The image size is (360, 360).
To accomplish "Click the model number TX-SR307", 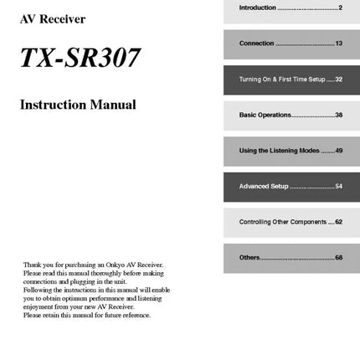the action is (x=80, y=58).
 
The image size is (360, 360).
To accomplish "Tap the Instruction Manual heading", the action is (x=78, y=105).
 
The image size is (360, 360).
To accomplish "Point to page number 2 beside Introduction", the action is (x=340, y=8).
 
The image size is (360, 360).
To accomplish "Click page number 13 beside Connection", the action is (x=338, y=44).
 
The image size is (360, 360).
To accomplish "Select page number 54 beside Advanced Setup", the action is (x=338, y=186).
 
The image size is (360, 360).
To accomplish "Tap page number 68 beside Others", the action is (x=338, y=257).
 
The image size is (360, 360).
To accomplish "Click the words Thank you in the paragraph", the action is (x=33, y=264).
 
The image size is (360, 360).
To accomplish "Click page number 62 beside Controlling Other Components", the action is (x=338, y=222).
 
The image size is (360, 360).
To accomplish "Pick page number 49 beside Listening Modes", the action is (x=338, y=151).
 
